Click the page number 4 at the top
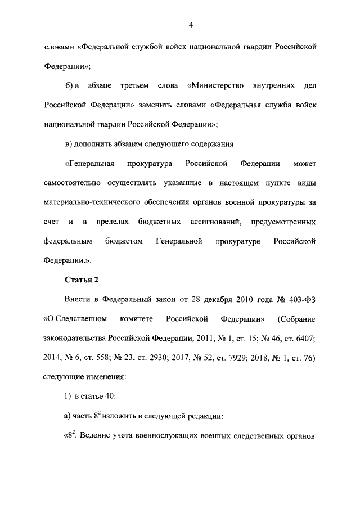tap(191, 25)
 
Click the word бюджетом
tap(122, 242)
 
